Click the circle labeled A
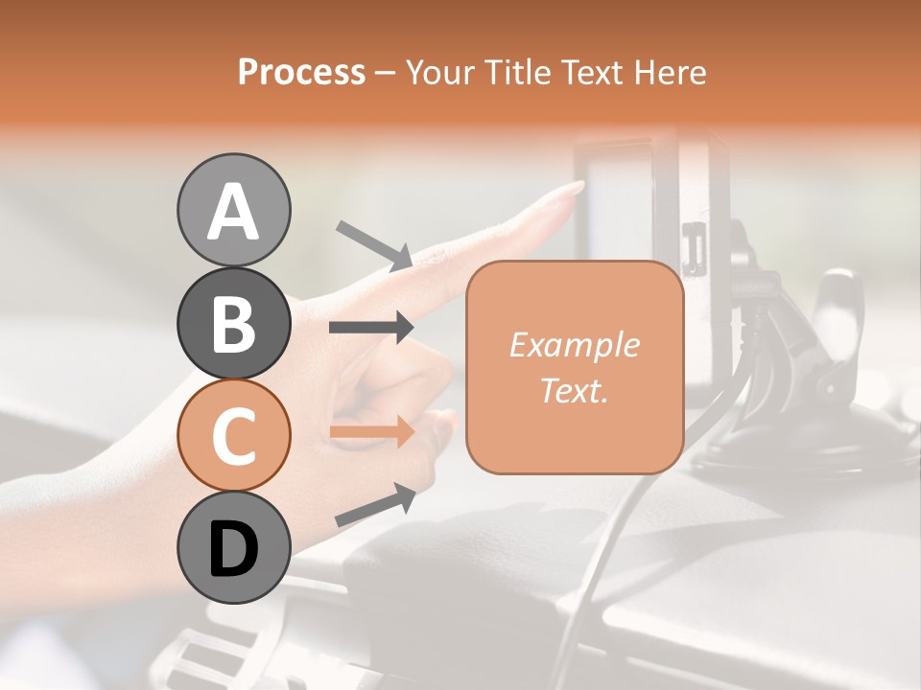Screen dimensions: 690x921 [234, 210]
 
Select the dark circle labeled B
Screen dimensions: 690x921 [234, 323]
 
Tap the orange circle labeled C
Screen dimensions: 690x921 [234, 436]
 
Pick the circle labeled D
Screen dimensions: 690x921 [234, 548]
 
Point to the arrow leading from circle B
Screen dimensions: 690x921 [371, 328]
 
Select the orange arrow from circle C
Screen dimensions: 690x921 [371, 432]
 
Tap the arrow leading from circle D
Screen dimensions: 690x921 [375, 505]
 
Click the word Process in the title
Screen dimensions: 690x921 [301, 72]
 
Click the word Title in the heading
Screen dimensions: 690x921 [517, 72]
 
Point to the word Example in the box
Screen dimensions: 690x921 [574, 345]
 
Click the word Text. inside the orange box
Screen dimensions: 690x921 [574, 390]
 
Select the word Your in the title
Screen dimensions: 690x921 [442, 72]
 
